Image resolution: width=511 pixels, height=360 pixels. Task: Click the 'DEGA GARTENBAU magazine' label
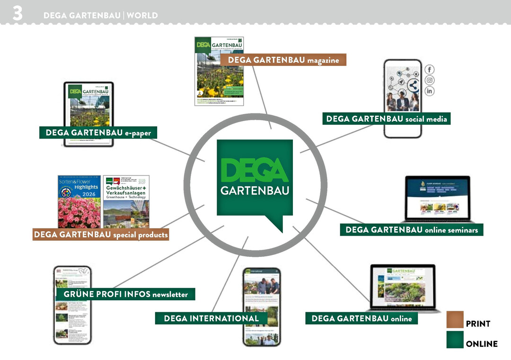tap(283, 60)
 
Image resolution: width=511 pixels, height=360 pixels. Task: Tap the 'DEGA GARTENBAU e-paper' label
tap(98, 133)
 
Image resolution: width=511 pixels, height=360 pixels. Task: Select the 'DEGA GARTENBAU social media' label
tap(386, 119)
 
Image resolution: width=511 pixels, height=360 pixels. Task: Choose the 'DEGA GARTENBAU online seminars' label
tap(411, 230)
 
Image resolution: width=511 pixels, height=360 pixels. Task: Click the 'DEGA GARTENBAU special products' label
tap(101, 234)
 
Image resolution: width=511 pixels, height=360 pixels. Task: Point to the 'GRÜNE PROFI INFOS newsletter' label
tap(125, 294)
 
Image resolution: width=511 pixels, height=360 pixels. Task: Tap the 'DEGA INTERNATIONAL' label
tap(211, 318)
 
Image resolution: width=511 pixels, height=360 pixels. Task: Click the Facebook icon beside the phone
tap(429, 70)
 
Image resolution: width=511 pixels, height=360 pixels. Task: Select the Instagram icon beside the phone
tap(429, 80)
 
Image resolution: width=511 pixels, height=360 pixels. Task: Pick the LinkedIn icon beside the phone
tap(429, 91)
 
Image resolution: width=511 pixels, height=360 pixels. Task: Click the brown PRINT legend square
tap(455, 320)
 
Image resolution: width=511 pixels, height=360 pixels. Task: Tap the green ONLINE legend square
tap(455, 340)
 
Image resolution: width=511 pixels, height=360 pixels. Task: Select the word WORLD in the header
tap(142, 15)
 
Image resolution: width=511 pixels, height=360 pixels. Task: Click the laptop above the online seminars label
tap(438, 199)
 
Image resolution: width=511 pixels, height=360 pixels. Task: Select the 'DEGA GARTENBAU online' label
tap(361, 318)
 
